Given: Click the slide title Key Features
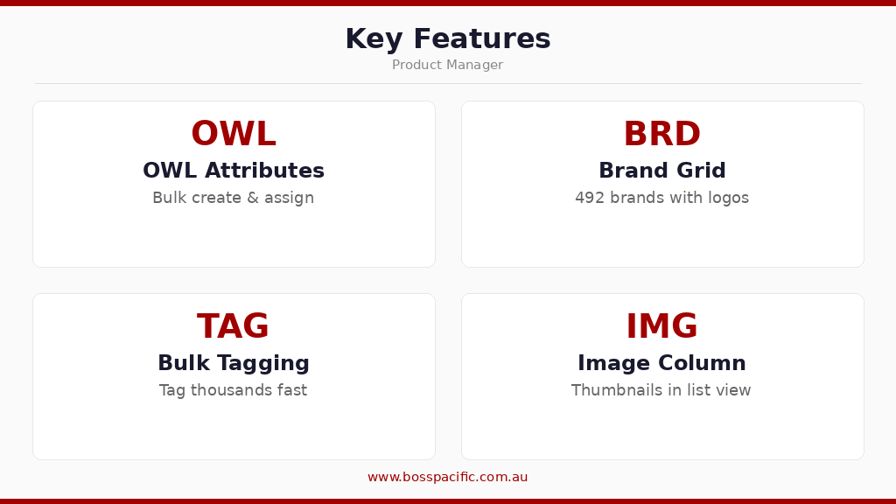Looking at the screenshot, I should click(447, 39).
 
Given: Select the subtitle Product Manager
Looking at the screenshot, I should click(447, 66).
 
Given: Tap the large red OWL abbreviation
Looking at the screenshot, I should click(234, 135).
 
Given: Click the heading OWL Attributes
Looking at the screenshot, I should click(234, 171).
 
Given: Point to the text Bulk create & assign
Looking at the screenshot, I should click(234, 198).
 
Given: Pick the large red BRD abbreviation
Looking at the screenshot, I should click(661, 135).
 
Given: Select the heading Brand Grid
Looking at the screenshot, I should click(661, 171).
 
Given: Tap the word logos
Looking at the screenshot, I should click(728, 199).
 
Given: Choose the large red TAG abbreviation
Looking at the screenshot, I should click(233, 327).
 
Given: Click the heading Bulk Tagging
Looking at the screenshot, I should click(234, 363).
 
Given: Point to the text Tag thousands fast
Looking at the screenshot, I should click(234, 390).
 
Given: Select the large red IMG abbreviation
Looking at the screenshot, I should click(661, 327).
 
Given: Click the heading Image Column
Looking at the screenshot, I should click(661, 363).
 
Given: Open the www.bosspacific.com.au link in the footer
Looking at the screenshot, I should click(447, 478).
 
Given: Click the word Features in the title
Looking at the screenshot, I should click(482, 39).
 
